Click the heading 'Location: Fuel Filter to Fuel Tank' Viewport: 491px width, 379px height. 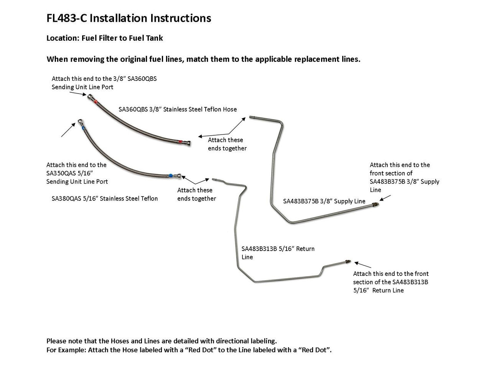[x=104, y=38]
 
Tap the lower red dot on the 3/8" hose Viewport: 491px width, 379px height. [x=180, y=142]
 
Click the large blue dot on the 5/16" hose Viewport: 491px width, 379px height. [x=170, y=176]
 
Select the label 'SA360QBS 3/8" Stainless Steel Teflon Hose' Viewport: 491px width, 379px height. [x=178, y=109]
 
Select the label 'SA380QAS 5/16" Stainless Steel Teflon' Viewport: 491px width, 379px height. [x=105, y=199]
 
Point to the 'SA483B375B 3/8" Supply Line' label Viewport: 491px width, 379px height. [x=324, y=201]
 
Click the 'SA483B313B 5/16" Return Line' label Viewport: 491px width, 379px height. [x=278, y=253]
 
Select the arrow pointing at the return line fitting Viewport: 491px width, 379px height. [x=362, y=264]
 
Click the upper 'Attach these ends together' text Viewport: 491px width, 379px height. [x=227, y=144]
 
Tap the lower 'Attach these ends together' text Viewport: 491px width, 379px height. [x=196, y=194]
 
